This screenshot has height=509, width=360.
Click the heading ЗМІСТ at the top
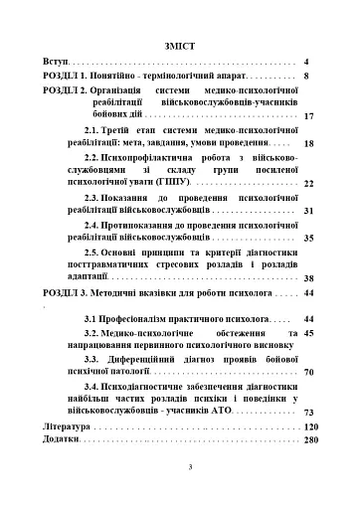click(x=180, y=44)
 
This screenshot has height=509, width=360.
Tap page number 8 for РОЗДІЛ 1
click(x=307, y=77)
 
